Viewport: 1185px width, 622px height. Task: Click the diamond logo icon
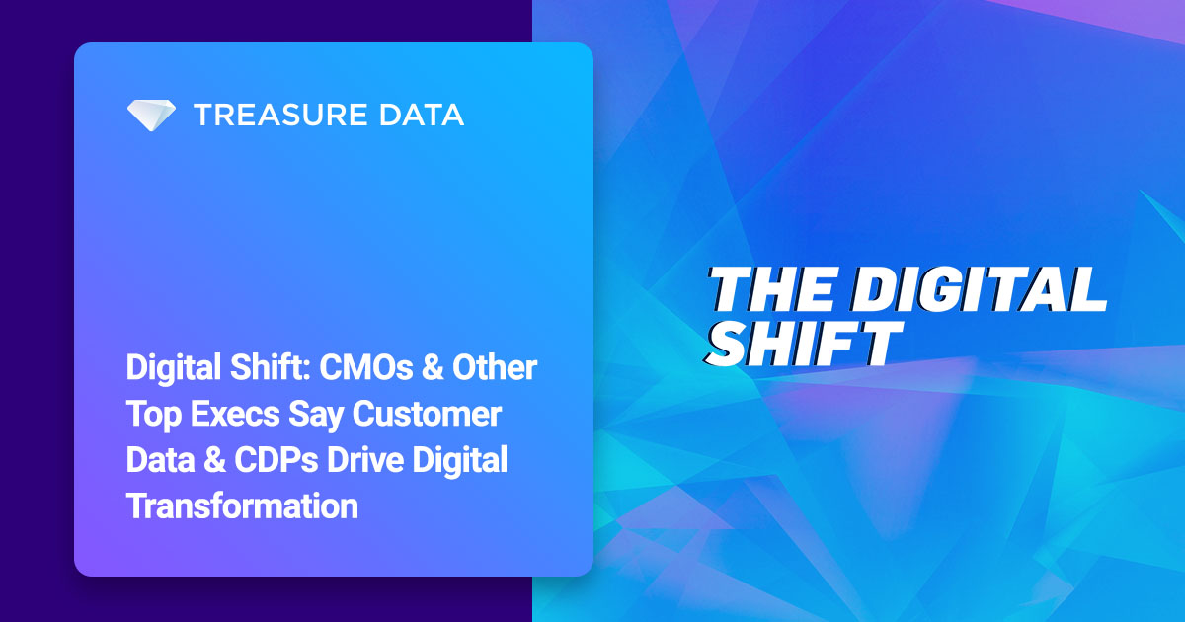tap(151, 116)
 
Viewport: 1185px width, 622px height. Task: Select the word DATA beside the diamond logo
tap(423, 116)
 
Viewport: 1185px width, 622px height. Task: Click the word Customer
tap(434, 416)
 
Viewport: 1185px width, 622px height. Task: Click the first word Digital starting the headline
tap(171, 369)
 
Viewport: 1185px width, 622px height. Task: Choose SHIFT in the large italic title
tap(805, 343)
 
